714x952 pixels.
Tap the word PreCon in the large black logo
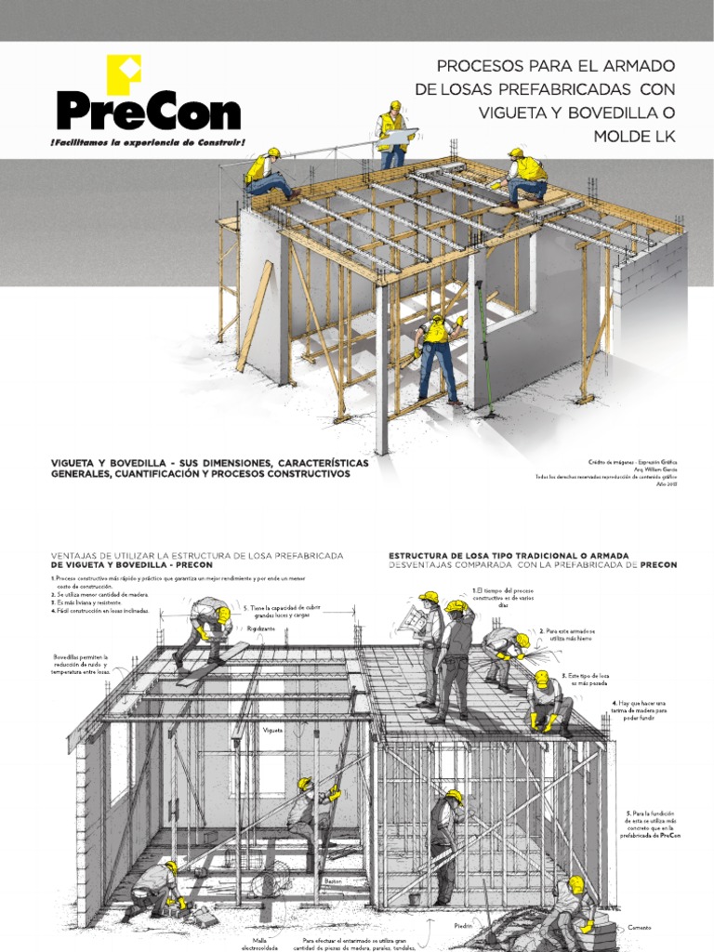(x=148, y=111)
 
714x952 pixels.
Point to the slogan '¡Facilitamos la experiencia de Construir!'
(x=149, y=141)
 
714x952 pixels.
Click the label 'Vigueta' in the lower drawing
(x=271, y=730)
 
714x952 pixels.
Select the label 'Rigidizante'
(x=261, y=628)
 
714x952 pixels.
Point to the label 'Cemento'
(x=639, y=928)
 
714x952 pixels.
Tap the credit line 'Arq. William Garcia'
(x=655, y=469)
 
